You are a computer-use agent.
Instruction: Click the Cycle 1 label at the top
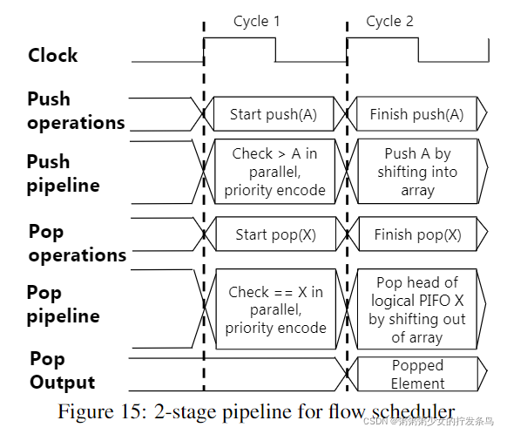point(256,21)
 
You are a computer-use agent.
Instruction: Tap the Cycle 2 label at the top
point(389,21)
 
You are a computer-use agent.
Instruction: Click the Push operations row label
point(75,111)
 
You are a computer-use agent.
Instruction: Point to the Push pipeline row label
point(63,173)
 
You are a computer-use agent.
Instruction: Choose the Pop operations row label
point(76,243)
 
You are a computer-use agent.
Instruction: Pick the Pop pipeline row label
point(63,304)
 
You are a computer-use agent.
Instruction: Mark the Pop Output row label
point(62,370)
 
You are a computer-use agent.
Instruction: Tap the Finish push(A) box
point(416,114)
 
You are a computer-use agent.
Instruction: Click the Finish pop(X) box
point(416,234)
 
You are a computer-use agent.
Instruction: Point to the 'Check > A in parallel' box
point(275,172)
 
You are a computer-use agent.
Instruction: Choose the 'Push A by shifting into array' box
point(416,172)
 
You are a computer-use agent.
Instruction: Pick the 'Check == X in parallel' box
point(275,309)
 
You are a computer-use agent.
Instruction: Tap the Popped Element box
point(416,374)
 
